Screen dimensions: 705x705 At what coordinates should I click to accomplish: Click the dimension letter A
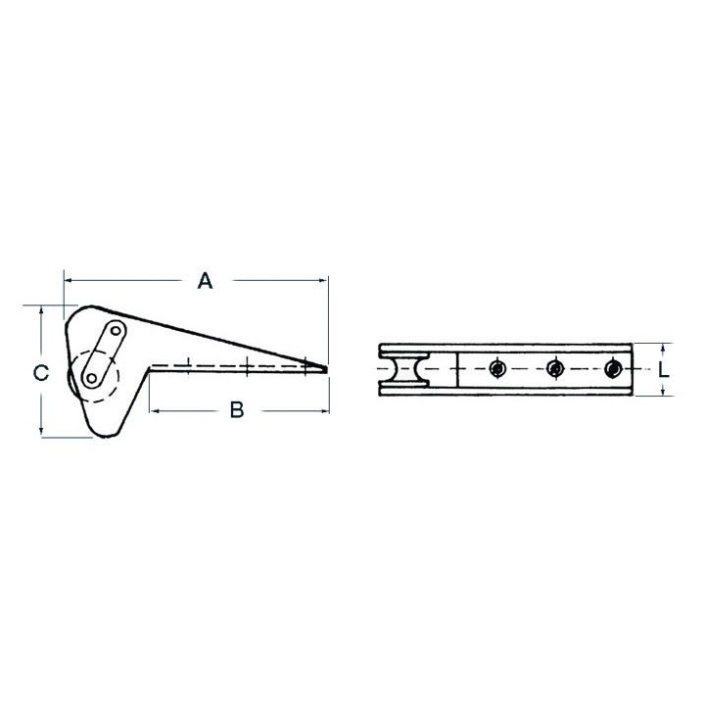pyautogui.click(x=205, y=281)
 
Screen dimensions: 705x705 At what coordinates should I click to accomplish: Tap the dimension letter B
pyautogui.click(x=237, y=410)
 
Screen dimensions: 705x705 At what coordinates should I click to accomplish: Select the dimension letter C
pyautogui.click(x=41, y=373)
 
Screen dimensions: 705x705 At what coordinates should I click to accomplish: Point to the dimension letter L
pyautogui.click(x=664, y=369)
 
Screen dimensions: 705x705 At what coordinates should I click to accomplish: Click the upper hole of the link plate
pyautogui.click(x=116, y=331)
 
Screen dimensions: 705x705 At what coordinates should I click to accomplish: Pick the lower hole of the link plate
pyautogui.click(x=92, y=379)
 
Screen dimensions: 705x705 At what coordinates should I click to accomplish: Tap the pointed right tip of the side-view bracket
pyautogui.click(x=326, y=369)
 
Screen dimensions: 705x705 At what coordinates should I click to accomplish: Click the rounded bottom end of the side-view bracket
pyautogui.click(x=106, y=435)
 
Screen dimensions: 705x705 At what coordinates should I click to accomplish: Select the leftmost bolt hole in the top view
pyautogui.click(x=496, y=369)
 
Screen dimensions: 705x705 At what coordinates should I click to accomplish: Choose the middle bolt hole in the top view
pyautogui.click(x=555, y=369)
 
